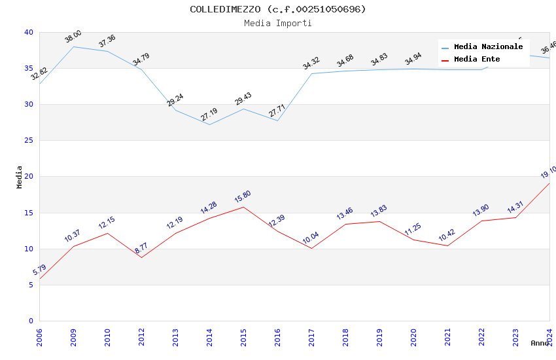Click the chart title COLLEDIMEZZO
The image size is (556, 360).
tap(278, 9)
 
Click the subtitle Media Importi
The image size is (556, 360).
tap(278, 24)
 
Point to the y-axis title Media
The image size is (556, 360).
tap(20, 177)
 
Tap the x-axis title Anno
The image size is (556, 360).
tap(540, 343)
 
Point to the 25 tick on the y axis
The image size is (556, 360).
tap(28, 141)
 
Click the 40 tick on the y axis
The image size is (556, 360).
tap(28, 32)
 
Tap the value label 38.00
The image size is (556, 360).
tap(73, 37)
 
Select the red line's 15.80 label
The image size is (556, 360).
tap(243, 197)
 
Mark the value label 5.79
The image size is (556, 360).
tap(39, 270)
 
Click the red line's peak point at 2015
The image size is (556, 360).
tap(243, 207)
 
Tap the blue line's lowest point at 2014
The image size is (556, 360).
tap(209, 124)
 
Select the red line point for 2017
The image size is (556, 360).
tap(311, 249)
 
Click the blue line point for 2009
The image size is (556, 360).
tap(73, 46)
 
